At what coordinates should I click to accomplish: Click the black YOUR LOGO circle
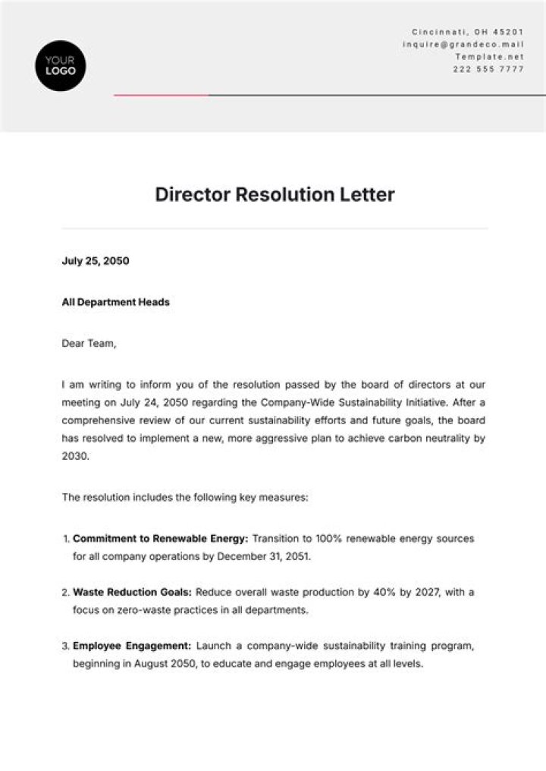click(61, 66)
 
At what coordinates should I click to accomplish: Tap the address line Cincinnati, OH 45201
click(468, 32)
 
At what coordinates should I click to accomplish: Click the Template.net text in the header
click(489, 56)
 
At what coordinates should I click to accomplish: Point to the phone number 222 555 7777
click(488, 69)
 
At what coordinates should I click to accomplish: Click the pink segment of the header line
click(161, 96)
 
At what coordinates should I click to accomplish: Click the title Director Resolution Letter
click(275, 194)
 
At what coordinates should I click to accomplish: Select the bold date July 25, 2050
click(96, 261)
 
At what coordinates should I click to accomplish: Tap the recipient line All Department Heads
click(115, 302)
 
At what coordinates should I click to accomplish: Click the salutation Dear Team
click(89, 343)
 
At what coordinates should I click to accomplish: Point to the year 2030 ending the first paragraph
click(75, 457)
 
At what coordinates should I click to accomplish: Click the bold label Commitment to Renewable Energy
click(160, 539)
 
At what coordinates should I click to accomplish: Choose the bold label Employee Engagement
click(131, 646)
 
